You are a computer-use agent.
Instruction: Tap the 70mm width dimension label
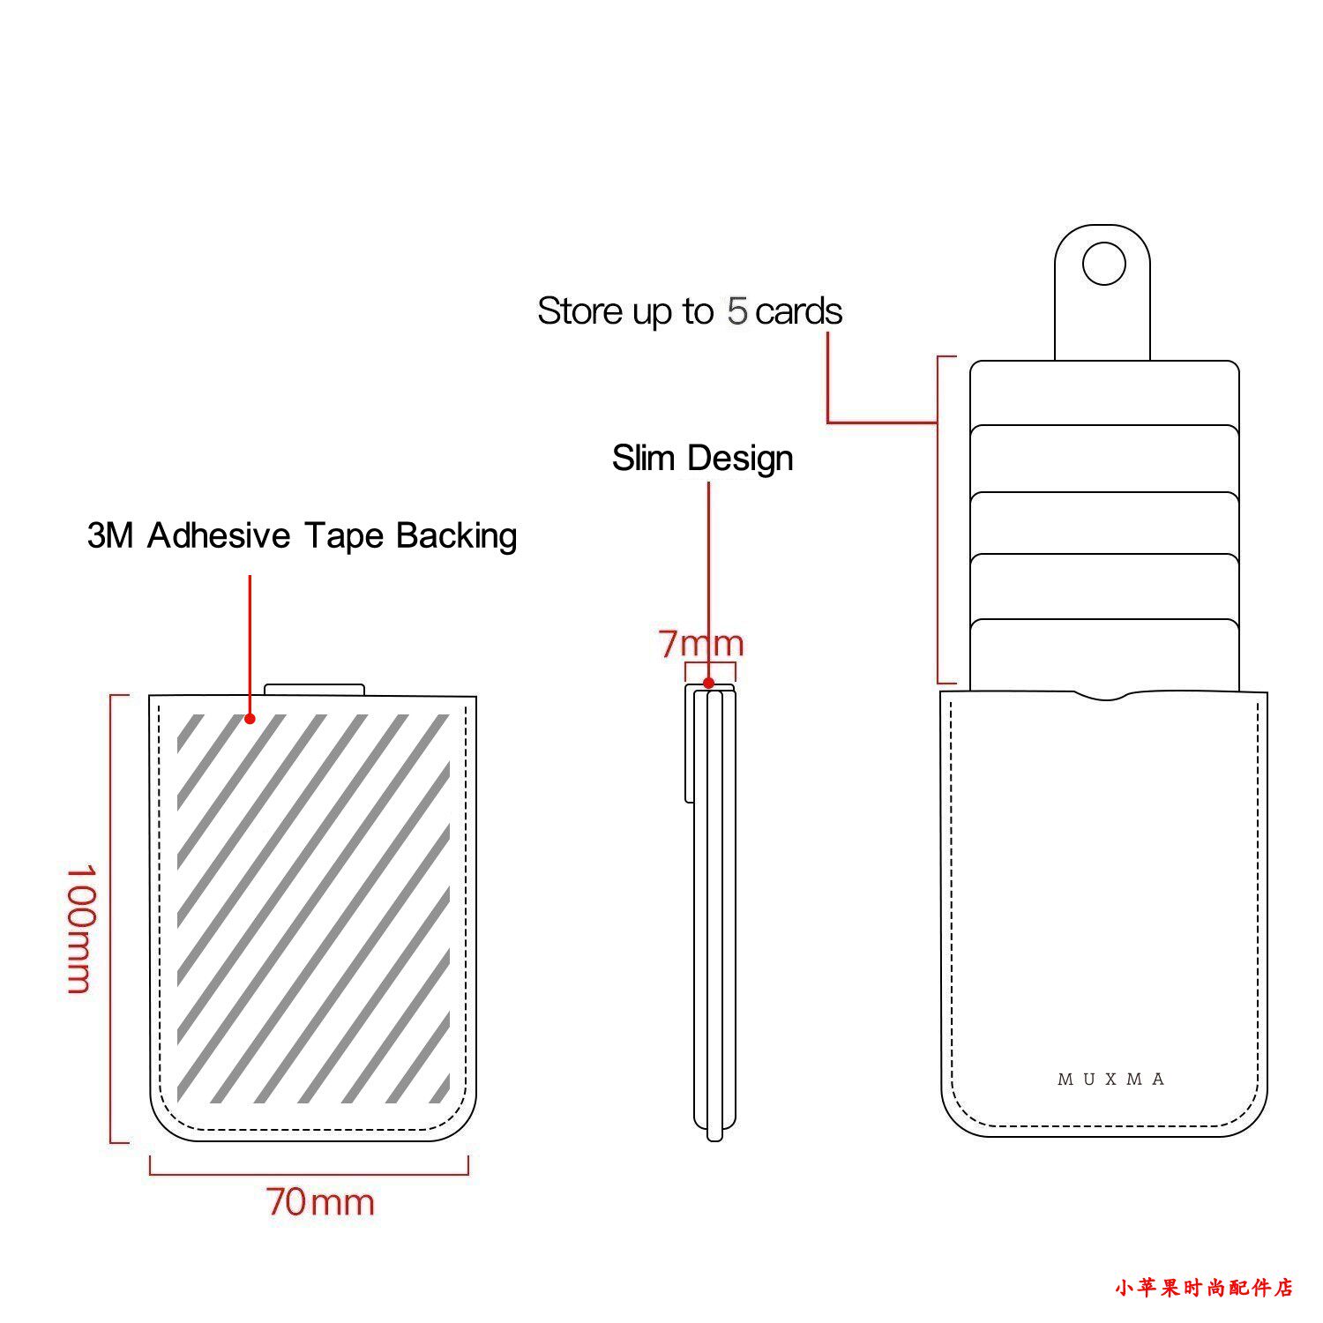pyautogui.click(x=320, y=1202)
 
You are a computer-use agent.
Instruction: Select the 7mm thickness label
pyautogui.click(x=701, y=644)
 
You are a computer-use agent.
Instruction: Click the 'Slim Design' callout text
pyautogui.click(x=702, y=459)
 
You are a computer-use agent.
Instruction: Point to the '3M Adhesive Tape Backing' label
pyautogui.click(x=302, y=536)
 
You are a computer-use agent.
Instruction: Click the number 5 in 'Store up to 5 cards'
pyautogui.click(x=737, y=311)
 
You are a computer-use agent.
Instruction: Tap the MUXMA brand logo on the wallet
pyautogui.click(x=1111, y=1079)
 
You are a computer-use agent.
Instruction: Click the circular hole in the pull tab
pyautogui.click(x=1103, y=264)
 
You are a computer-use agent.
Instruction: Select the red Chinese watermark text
pyautogui.click(x=1203, y=1288)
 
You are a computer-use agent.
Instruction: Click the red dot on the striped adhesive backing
pyautogui.click(x=250, y=719)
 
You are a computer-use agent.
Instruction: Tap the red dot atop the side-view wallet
pyautogui.click(x=708, y=683)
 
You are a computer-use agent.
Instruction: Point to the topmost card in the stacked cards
pyautogui.click(x=1104, y=392)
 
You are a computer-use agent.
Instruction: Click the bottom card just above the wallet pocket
pyautogui.click(x=1104, y=653)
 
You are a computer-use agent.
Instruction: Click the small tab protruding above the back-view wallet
pyautogui.click(x=314, y=689)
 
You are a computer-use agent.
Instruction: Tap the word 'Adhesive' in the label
pyautogui.click(x=219, y=536)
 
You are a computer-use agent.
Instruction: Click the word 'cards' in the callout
pyautogui.click(x=798, y=311)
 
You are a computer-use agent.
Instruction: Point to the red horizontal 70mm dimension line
pyautogui.click(x=309, y=1174)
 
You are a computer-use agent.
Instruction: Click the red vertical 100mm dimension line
pyautogui.click(x=111, y=917)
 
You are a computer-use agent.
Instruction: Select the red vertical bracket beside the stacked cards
pyautogui.click(x=938, y=520)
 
